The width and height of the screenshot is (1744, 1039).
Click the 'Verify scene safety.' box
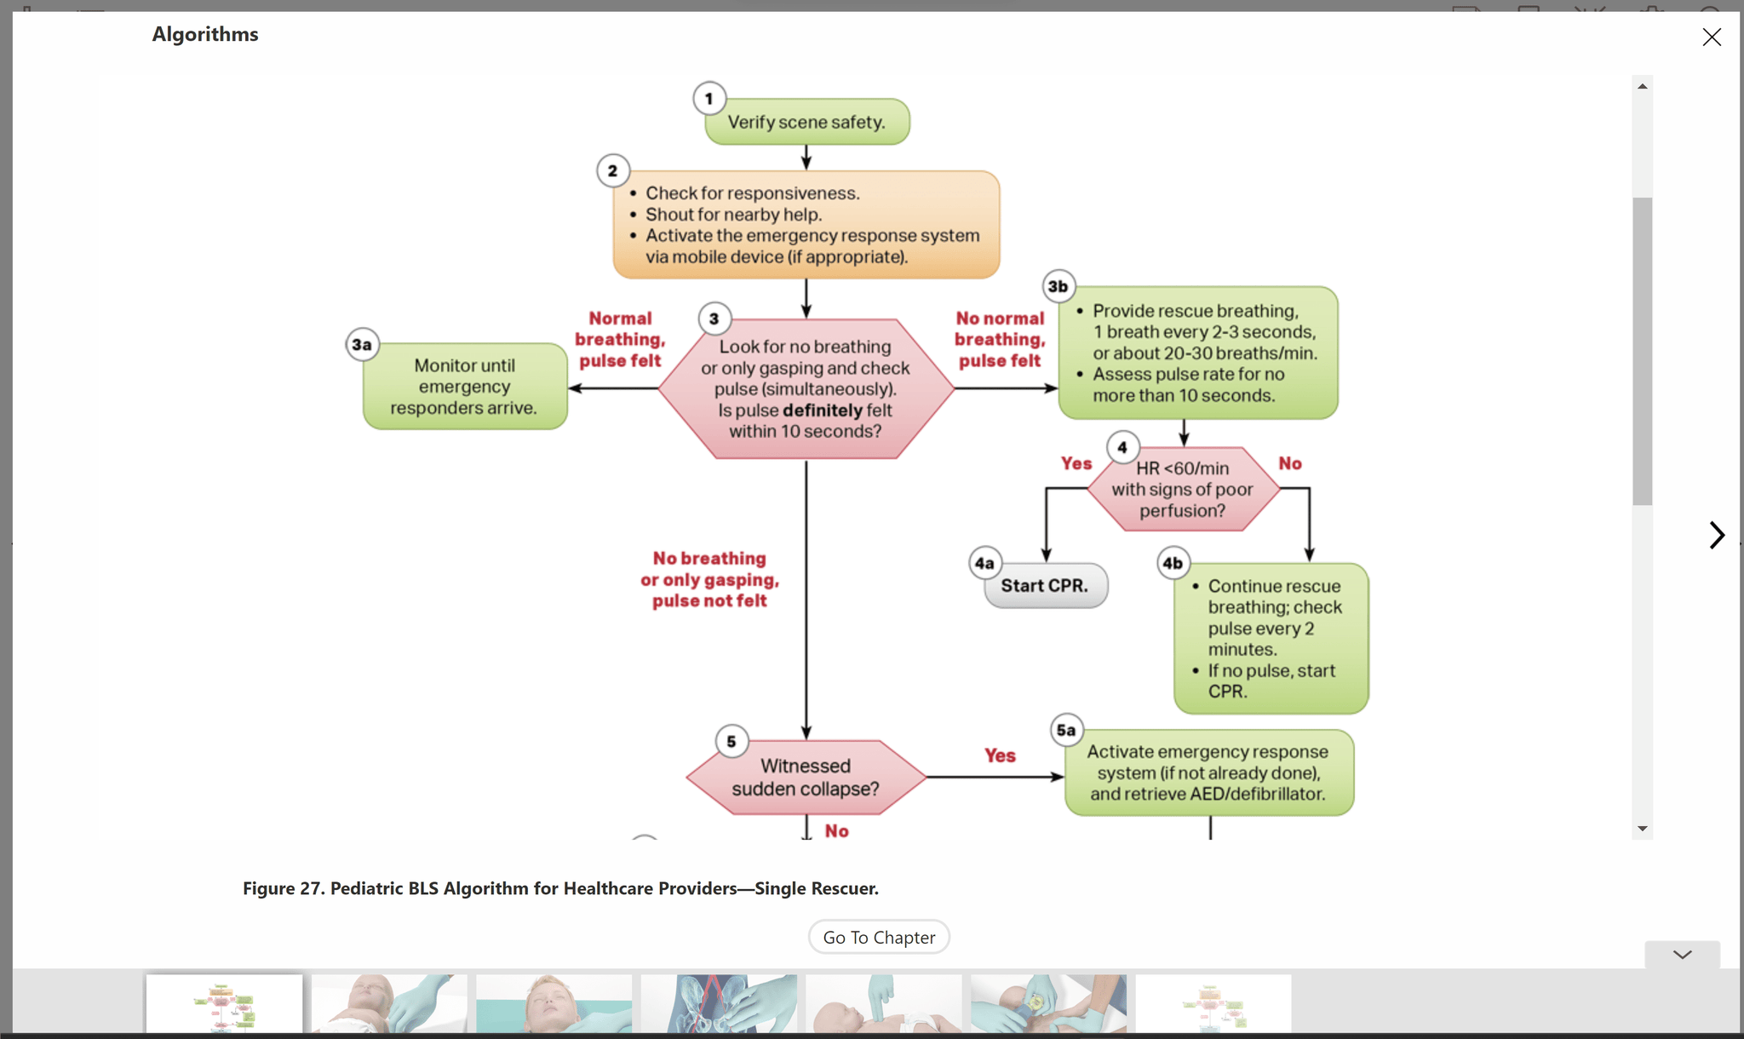(x=806, y=122)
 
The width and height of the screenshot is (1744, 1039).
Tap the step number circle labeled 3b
(x=1058, y=286)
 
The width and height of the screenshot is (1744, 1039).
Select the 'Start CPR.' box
(x=1045, y=586)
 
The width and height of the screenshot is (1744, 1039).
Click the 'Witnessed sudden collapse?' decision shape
(x=806, y=777)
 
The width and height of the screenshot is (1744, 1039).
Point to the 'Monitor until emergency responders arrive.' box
(x=464, y=387)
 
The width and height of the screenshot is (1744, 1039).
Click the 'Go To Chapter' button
(x=879, y=937)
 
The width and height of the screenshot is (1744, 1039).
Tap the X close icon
(x=1712, y=37)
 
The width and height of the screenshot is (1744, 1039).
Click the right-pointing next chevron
(x=1717, y=535)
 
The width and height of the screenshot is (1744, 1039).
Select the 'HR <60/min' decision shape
(x=1183, y=489)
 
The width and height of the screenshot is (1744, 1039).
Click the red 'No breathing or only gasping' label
(x=709, y=579)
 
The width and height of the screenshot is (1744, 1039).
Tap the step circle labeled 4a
(x=985, y=563)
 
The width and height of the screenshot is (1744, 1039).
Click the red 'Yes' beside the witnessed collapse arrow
(x=1000, y=755)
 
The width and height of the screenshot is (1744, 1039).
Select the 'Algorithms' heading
(x=205, y=34)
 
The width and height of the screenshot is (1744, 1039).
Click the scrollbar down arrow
(x=1643, y=828)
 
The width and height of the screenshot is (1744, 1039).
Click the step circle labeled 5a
(x=1066, y=730)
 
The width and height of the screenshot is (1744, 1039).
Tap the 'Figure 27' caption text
(x=560, y=888)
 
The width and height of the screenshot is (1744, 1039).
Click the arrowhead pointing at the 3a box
(x=575, y=388)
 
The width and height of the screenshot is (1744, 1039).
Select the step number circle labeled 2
(x=612, y=170)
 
